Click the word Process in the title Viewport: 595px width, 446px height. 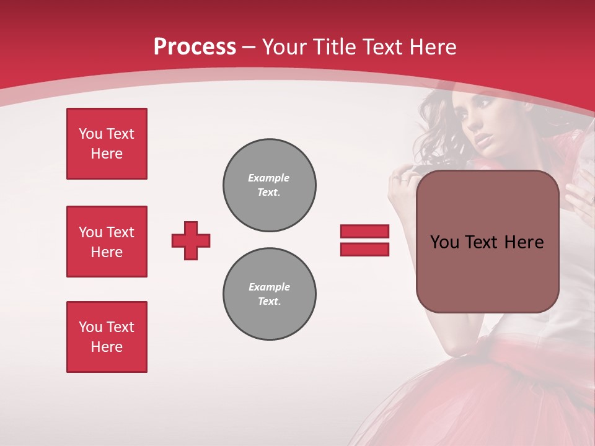click(x=195, y=47)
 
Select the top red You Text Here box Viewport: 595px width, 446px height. click(x=107, y=144)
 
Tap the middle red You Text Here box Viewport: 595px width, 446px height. click(x=107, y=242)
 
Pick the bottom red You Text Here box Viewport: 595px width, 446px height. click(x=107, y=337)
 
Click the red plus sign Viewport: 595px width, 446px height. click(x=191, y=240)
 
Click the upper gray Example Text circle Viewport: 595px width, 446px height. click(x=270, y=185)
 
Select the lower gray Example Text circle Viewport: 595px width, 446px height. click(x=270, y=294)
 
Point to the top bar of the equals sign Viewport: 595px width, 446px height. click(x=364, y=231)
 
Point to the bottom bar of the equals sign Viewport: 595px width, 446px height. click(x=364, y=249)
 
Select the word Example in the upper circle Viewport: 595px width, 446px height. click(x=268, y=178)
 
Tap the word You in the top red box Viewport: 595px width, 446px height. click(x=90, y=134)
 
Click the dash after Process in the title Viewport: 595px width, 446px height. click(x=249, y=47)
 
